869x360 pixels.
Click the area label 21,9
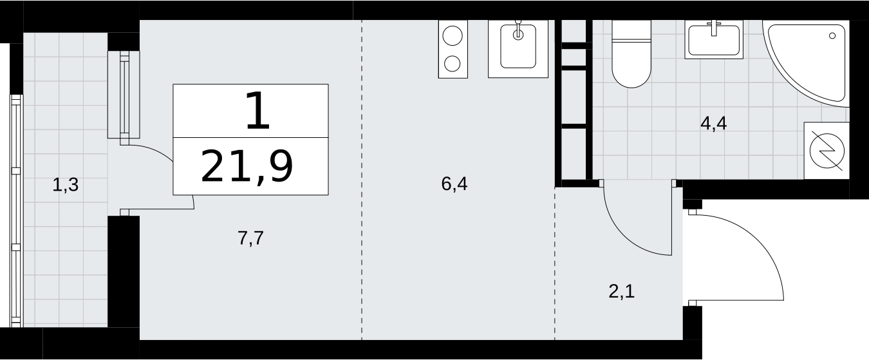tap(247, 167)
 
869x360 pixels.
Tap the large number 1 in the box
tap(257, 111)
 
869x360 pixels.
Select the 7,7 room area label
tap(250, 238)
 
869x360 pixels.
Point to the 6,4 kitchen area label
tap(454, 184)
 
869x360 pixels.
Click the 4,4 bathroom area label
tap(713, 124)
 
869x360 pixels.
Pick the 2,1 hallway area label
tap(621, 291)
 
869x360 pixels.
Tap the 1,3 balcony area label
tap(65, 185)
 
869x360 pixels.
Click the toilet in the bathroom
tap(631, 53)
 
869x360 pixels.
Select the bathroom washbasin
tap(714, 40)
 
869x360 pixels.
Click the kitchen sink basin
tap(518, 46)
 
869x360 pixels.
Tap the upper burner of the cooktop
tap(453, 35)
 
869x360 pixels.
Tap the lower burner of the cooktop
tap(453, 64)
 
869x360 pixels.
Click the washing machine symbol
tap(827, 151)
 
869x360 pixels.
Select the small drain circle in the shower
tap(832, 35)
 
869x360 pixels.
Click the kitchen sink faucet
tap(518, 30)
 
